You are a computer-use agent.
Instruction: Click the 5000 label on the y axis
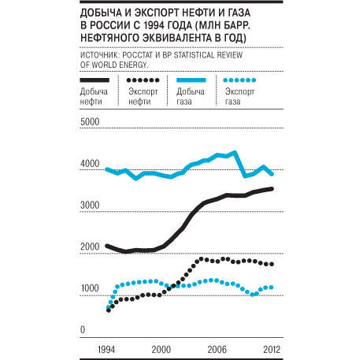click(x=90, y=122)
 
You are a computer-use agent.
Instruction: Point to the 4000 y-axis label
click(x=90, y=164)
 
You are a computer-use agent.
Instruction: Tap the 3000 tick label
click(x=90, y=205)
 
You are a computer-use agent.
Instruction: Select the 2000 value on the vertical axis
click(x=90, y=247)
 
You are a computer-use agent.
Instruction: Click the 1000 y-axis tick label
click(x=90, y=288)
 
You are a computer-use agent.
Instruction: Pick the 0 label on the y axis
click(x=83, y=329)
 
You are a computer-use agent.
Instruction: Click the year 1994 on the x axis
click(x=106, y=350)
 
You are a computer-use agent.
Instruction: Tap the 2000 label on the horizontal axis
click(x=161, y=350)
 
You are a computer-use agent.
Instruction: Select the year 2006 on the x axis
click(x=217, y=350)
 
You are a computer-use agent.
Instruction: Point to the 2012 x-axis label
click(x=272, y=350)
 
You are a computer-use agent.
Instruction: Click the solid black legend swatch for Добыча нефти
click(x=94, y=80)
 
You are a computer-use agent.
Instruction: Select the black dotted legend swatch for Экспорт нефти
click(x=143, y=80)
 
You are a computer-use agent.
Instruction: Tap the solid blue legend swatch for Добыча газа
click(x=191, y=80)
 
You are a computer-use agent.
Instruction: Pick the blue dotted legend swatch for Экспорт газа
click(x=239, y=80)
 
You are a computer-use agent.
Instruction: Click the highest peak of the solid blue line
click(x=235, y=152)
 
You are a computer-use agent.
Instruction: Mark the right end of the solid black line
click(x=272, y=189)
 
